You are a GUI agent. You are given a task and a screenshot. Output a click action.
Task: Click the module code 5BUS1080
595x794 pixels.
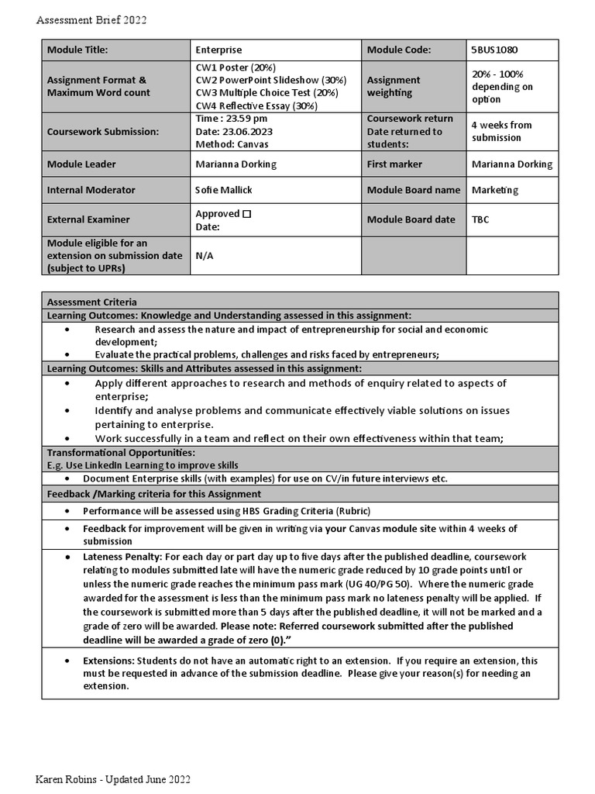click(495, 50)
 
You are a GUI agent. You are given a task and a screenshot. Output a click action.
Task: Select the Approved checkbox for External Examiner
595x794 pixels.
click(246, 213)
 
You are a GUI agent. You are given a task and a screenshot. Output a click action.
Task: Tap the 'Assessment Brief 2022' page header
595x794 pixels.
click(91, 20)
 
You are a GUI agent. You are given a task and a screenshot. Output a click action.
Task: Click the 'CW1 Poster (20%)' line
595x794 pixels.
click(236, 67)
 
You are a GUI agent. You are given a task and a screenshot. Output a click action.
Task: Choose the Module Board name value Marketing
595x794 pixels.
click(495, 190)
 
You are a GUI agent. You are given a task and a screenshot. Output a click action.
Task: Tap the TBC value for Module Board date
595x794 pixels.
click(481, 219)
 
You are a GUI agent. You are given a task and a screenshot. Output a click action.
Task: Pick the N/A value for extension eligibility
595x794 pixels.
click(205, 255)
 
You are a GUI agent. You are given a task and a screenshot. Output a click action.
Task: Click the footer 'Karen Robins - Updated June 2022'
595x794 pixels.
click(112, 778)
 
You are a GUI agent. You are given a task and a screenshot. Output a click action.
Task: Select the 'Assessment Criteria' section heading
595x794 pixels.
click(92, 302)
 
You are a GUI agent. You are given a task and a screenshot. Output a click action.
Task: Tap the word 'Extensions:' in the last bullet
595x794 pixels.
click(109, 661)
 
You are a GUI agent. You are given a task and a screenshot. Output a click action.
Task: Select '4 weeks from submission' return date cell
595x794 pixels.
click(502, 131)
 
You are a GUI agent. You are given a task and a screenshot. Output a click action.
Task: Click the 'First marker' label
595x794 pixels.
click(394, 164)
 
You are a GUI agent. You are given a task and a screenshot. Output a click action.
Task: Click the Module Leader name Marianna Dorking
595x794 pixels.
click(236, 164)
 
